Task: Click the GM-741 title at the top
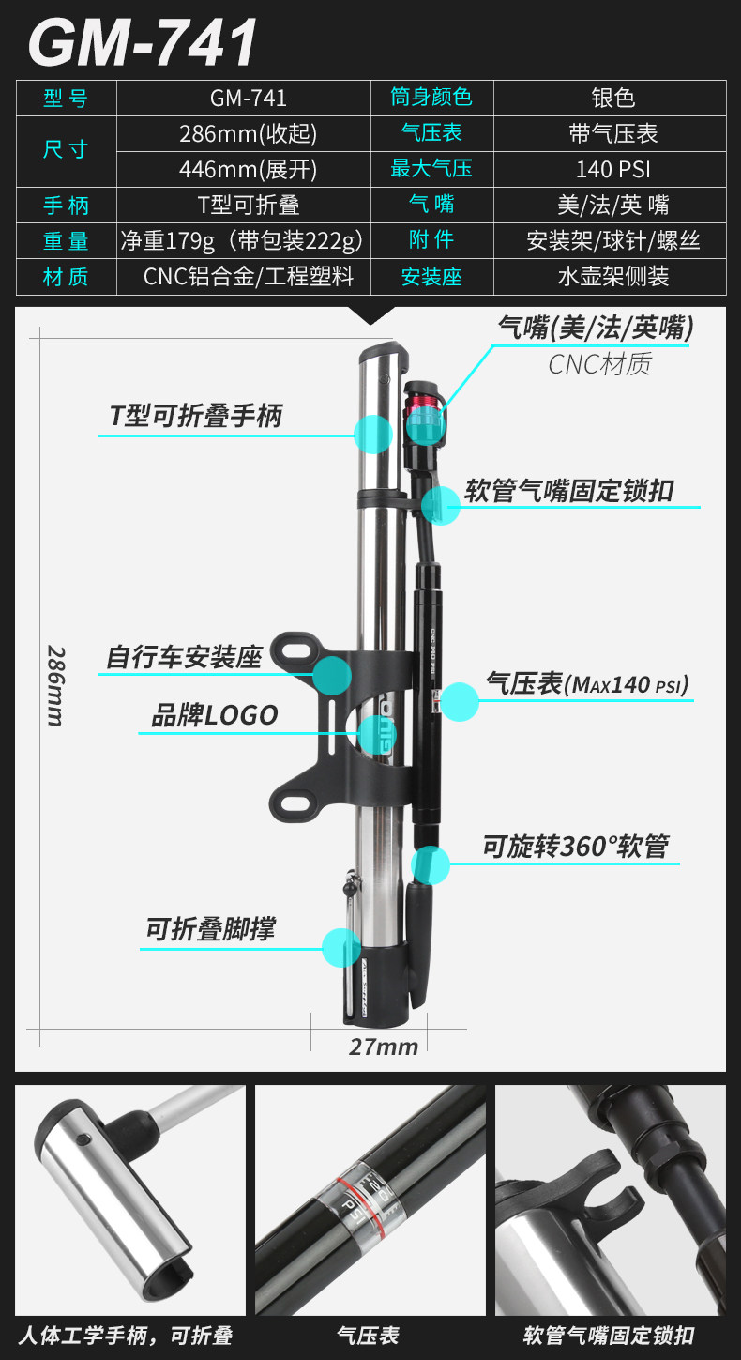pyautogui.click(x=144, y=42)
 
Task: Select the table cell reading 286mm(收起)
pyautogui.click(x=248, y=133)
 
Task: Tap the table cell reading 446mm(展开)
pyautogui.click(x=248, y=169)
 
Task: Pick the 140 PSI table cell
pyautogui.click(x=612, y=169)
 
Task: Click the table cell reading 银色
pyautogui.click(x=612, y=98)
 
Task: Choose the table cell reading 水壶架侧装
pyautogui.click(x=612, y=277)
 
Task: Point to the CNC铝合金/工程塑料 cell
pyautogui.click(x=248, y=277)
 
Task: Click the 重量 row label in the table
pyautogui.click(x=66, y=240)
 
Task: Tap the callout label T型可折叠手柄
pyautogui.click(x=195, y=416)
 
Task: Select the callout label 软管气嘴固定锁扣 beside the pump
pyautogui.click(x=569, y=491)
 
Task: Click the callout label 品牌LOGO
pyautogui.click(x=215, y=715)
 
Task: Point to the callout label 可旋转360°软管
pyautogui.click(x=575, y=847)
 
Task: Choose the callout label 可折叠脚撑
pyautogui.click(x=209, y=930)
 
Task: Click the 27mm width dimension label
pyautogui.click(x=384, y=1047)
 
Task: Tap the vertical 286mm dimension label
pyautogui.click(x=55, y=685)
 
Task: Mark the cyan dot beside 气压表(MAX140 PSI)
pyautogui.click(x=460, y=701)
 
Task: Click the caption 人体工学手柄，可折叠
pyautogui.click(x=125, y=1335)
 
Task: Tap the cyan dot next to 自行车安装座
pyautogui.click(x=332, y=675)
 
